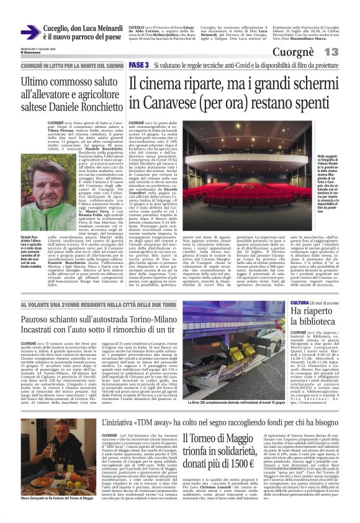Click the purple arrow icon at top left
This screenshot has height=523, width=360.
pos(29,32)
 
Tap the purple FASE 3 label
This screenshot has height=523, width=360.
pos(139,65)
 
